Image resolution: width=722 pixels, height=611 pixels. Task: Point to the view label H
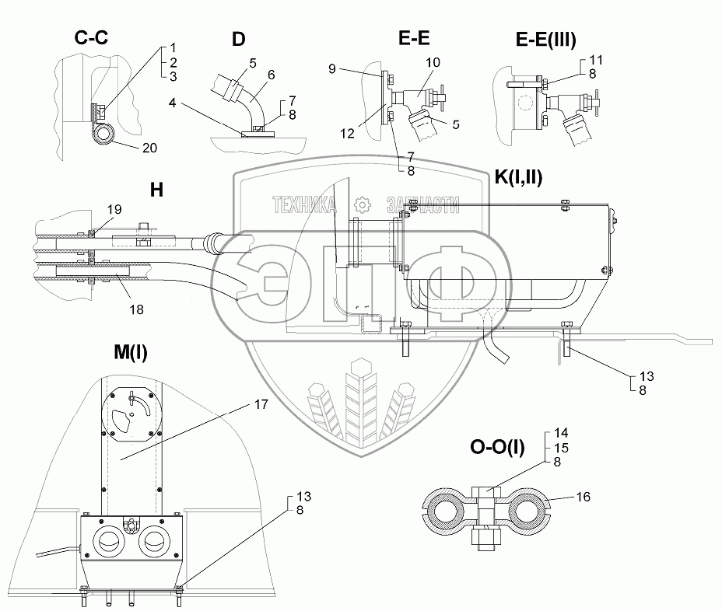156,189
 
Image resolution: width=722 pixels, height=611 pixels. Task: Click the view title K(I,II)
517,177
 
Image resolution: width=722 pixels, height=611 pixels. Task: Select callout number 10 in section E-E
432,61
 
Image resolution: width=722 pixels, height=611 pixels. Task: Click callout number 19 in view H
115,208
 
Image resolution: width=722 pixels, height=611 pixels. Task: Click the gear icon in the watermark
361,204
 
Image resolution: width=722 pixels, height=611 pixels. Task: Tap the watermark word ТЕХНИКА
304,204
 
